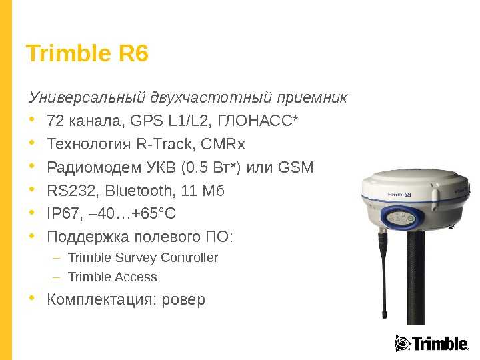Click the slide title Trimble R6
point(87,53)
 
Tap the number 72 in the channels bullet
point(55,121)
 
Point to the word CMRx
point(223,144)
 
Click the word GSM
point(296,167)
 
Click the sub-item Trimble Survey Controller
point(143,258)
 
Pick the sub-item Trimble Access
point(113,277)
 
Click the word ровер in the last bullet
point(183,300)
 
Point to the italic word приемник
point(312,97)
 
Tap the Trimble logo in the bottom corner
point(431,343)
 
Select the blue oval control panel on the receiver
point(402,218)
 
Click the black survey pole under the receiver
point(416,278)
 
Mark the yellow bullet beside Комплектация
point(31,298)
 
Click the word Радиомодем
point(94,167)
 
